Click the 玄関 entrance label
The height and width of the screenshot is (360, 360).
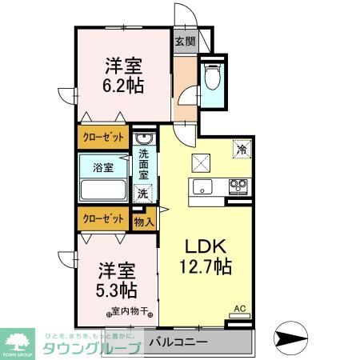[184, 41]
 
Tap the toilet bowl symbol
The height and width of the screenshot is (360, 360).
[213, 78]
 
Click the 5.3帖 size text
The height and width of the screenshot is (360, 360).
[118, 289]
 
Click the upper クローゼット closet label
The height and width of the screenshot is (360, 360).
[103, 137]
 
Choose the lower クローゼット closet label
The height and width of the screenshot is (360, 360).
[103, 218]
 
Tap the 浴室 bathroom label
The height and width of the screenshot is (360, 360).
[102, 168]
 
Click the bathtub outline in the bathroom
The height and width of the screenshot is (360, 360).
[102, 191]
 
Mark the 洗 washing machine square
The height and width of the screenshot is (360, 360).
[142, 193]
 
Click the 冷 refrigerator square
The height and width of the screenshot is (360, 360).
[239, 148]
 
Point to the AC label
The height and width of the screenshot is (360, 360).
[239, 307]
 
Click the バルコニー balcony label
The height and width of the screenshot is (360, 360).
[179, 342]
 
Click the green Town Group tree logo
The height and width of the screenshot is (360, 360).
[17, 340]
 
